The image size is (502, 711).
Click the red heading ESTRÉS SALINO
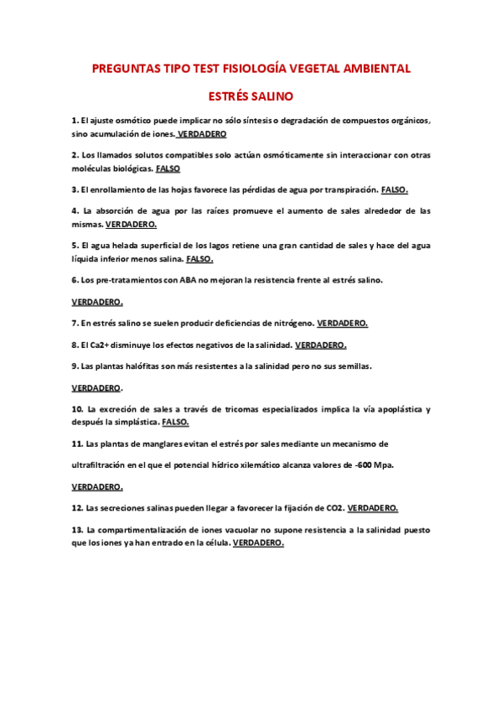[x=251, y=96]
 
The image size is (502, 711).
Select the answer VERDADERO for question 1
[x=202, y=133]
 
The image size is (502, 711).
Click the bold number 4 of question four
[x=75, y=211]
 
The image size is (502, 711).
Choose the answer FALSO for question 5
[x=199, y=258]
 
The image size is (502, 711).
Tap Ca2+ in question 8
[x=111, y=345]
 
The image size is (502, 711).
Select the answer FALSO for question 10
[x=175, y=422]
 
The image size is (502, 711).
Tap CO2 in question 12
[x=334, y=508]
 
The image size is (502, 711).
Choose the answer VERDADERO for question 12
[x=373, y=508]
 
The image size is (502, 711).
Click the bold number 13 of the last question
[x=77, y=530]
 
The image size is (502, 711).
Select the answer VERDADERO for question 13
[x=258, y=542]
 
